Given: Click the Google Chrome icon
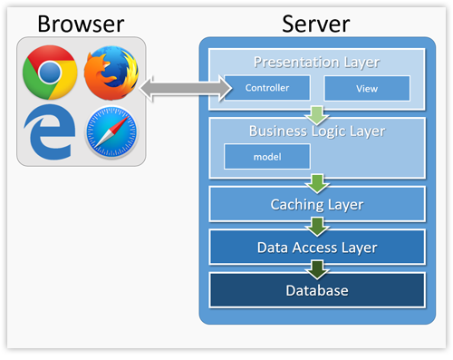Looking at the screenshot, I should tap(50, 73).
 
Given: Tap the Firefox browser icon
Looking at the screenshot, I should tap(111, 73).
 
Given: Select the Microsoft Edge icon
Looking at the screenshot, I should tap(50, 134).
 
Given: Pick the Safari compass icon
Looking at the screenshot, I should tap(111, 134).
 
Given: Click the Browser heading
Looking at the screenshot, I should tap(80, 22).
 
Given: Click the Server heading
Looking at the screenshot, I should tap(316, 22).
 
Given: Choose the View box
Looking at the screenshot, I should tap(367, 88).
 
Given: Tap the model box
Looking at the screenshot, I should tap(266, 156).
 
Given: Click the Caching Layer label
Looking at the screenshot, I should tap(317, 204).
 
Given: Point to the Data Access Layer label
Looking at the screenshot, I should tap(317, 247).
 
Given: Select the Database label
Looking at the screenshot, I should tap(317, 290).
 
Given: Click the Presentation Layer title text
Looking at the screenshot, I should tap(317, 63).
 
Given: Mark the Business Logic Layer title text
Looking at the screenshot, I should tap(317, 131).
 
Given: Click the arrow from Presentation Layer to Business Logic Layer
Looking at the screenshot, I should tap(317, 114).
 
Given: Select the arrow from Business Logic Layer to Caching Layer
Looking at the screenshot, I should tap(317, 184).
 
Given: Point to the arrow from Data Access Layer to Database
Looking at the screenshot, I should tap(317, 269).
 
